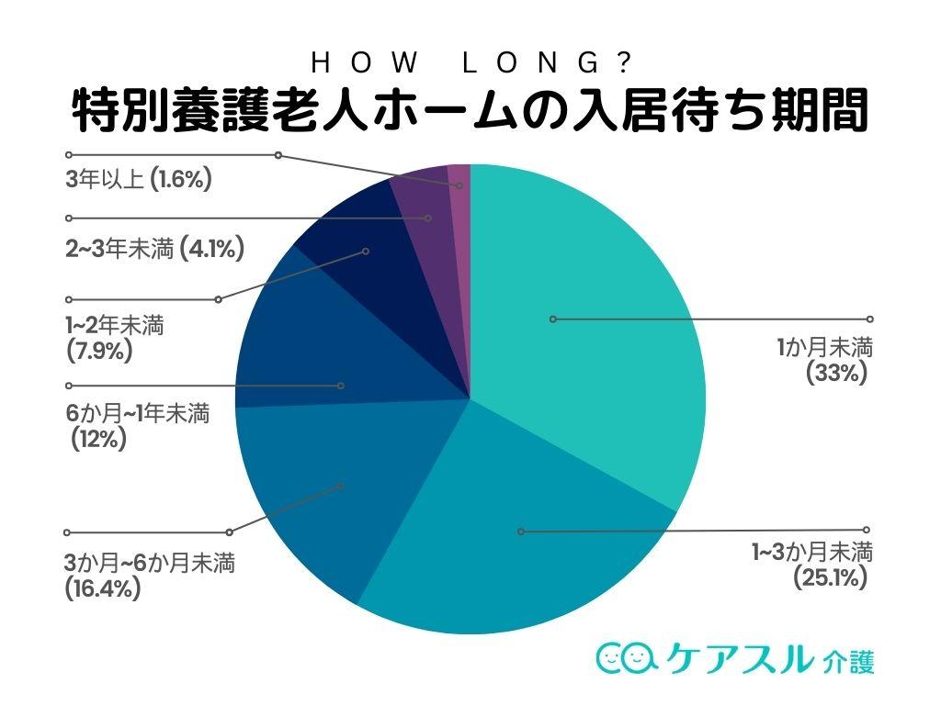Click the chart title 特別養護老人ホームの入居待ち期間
pos(470,111)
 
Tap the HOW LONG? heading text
pos(470,62)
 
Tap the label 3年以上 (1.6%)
pos(139,180)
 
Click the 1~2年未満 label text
pos(115,325)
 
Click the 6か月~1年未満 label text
pos(138,414)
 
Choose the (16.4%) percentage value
pos(103,588)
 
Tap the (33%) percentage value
pos(836,374)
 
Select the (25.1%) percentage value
pos(831,577)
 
